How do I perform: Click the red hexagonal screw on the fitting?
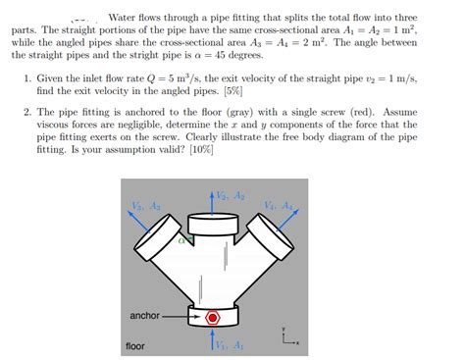pyautogui.click(x=213, y=317)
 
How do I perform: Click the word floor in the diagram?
pyautogui.click(x=135, y=346)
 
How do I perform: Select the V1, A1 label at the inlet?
pyautogui.click(x=231, y=345)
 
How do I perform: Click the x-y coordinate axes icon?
pyautogui.click(x=285, y=336)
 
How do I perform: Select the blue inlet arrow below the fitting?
pyautogui.click(x=214, y=341)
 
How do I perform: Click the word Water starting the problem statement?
pyautogui.click(x=125, y=18)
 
